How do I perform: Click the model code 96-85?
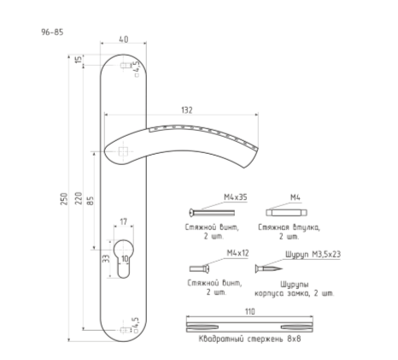click(x=52, y=32)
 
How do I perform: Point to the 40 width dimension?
click(x=123, y=39)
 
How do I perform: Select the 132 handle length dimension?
click(x=187, y=110)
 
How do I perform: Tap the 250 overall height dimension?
click(x=64, y=199)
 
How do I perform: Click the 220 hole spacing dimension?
click(x=79, y=198)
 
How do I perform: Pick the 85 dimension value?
click(x=90, y=201)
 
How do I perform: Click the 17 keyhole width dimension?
click(x=123, y=221)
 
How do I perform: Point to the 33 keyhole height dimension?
click(x=106, y=258)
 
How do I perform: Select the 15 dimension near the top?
click(x=78, y=60)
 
